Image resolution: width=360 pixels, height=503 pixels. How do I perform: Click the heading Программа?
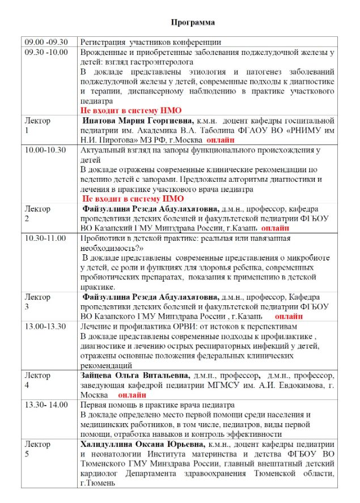pyautogui.click(x=193, y=23)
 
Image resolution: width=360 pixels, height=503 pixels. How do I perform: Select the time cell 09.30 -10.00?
pyautogui.click(x=46, y=52)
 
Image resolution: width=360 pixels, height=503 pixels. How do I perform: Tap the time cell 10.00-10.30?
pyautogui.click(x=45, y=150)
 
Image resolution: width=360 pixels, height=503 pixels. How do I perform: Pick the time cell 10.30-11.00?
pyautogui.click(x=45, y=238)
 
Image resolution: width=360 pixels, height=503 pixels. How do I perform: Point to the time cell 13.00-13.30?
pyautogui.click(x=45, y=327)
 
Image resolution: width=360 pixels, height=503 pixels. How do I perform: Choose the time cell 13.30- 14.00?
pyautogui.click(x=46, y=405)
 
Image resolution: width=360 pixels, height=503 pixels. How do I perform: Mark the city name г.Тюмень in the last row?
pyautogui.click(x=98, y=483)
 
